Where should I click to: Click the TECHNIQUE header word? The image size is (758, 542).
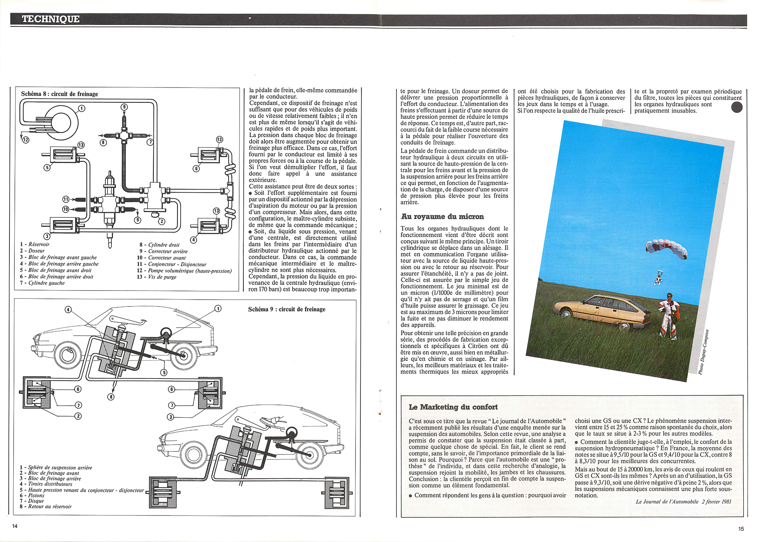(51, 19)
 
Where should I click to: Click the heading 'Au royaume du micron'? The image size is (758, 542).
(442, 217)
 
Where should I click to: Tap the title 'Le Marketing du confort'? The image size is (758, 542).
(453, 407)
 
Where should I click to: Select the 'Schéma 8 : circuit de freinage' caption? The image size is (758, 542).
(60, 94)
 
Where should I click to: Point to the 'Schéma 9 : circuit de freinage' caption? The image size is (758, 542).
(287, 309)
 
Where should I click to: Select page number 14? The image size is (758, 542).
(15, 526)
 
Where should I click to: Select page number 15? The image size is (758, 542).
(741, 529)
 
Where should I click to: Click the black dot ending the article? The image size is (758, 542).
(736, 108)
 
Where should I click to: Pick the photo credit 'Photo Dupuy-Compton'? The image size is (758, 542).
(703, 353)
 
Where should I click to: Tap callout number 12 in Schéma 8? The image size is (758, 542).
(25, 140)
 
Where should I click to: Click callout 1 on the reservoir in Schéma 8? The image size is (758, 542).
(81, 109)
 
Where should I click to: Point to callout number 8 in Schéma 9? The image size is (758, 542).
(111, 397)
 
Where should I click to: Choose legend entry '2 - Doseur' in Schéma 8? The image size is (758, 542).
(32, 251)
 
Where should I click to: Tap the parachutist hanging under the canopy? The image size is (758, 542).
(658, 280)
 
